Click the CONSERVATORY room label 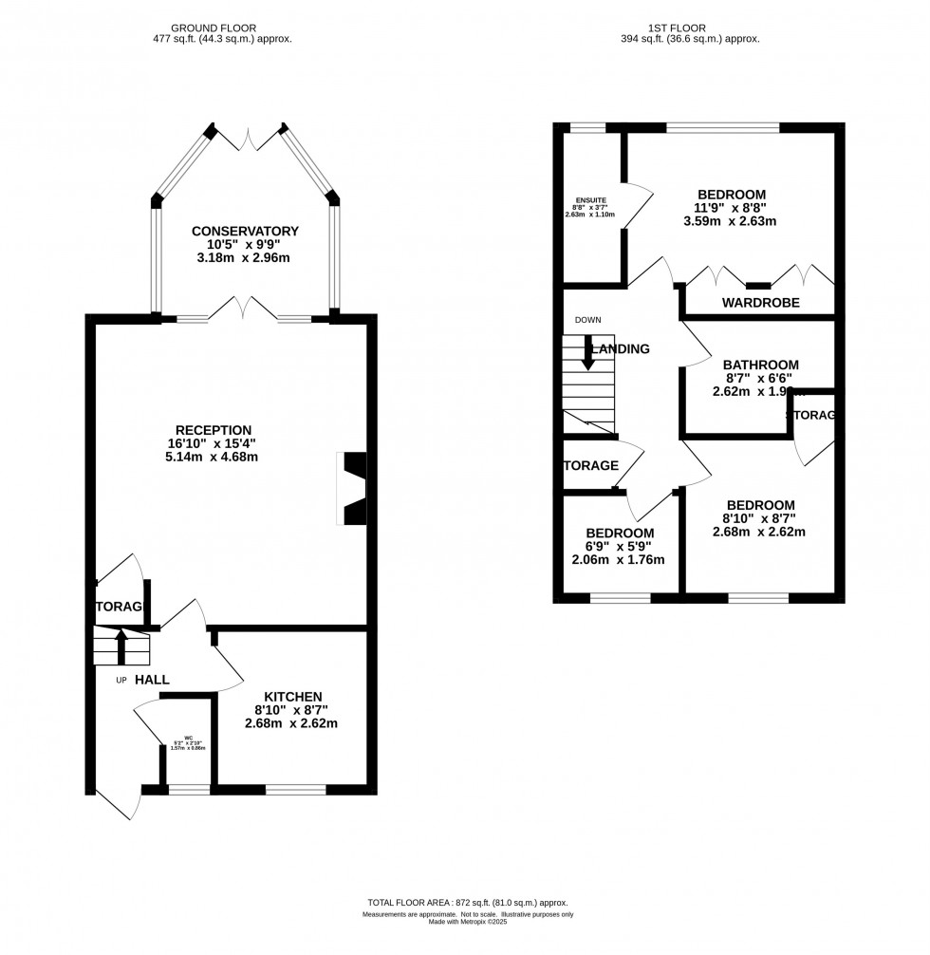(245, 231)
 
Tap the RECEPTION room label (218, 429)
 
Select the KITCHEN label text (293, 696)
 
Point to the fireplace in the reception (353, 489)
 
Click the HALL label (153, 680)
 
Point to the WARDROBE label (760, 303)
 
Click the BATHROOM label (760, 365)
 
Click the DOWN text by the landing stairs (587, 320)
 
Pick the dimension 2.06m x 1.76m (618, 560)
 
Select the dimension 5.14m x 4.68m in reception (218, 457)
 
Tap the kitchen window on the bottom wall (295, 788)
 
